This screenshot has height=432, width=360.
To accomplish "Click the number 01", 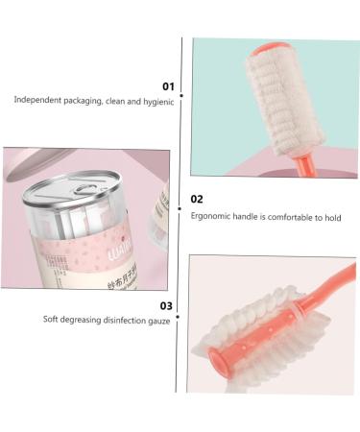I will point(168,86).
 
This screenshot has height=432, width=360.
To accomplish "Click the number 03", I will point(167,305).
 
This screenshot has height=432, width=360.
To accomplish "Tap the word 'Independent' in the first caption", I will point(39,101).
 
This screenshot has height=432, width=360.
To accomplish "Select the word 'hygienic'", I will point(157,101).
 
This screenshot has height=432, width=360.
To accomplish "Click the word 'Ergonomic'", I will point(211,216).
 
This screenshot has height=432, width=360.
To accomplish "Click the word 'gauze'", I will point(157,320).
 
